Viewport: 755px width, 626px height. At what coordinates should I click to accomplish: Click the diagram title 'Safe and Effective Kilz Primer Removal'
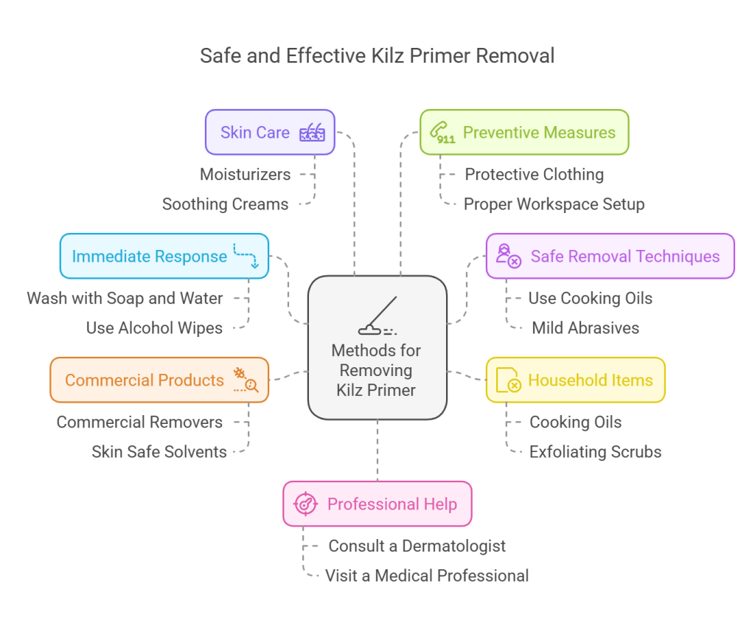tap(377, 56)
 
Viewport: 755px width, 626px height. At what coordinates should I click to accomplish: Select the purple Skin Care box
tap(270, 133)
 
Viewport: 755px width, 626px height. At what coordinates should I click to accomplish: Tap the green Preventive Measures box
tap(524, 133)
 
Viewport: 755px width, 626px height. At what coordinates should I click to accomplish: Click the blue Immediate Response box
tap(164, 257)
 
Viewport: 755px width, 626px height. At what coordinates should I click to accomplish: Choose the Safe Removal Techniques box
tap(610, 257)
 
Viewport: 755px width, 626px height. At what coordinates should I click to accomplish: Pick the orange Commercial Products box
tap(159, 380)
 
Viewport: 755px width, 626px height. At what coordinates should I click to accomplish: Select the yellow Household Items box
tap(575, 380)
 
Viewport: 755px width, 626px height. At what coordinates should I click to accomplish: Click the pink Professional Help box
tap(377, 504)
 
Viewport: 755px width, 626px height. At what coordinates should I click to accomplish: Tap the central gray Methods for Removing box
tap(377, 347)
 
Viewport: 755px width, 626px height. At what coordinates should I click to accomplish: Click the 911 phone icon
tap(442, 133)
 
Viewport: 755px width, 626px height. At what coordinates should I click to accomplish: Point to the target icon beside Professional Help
tap(305, 504)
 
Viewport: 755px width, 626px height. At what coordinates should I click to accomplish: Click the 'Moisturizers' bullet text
tap(245, 175)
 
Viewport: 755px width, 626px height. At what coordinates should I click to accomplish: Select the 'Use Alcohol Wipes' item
tap(154, 328)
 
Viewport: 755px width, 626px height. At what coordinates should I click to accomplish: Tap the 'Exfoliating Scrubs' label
tap(595, 452)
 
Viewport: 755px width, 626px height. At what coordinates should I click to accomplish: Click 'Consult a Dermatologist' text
tap(417, 546)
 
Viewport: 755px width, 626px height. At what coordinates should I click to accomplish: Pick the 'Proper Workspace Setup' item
tap(554, 204)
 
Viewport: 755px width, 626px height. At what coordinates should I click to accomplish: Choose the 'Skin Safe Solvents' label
tap(159, 452)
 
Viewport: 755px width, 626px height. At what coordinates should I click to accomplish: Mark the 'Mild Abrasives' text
tap(585, 328)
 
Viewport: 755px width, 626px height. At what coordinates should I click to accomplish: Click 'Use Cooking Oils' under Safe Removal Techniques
tap(590, 299)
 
